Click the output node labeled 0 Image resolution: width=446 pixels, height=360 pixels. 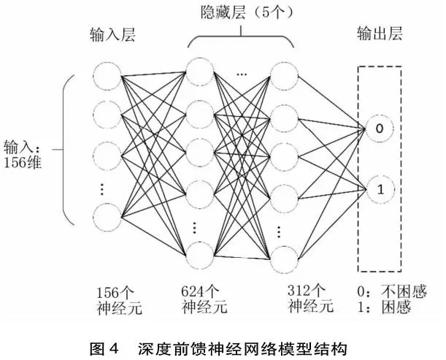380,129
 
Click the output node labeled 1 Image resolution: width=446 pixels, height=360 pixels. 380,190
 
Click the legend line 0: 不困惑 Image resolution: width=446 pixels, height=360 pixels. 385,291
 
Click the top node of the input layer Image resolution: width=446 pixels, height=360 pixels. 107,74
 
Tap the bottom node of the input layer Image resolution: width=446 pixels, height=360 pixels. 107,217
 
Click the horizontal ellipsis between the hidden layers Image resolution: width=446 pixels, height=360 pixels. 242,74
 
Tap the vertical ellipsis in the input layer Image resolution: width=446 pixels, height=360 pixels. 102,188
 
